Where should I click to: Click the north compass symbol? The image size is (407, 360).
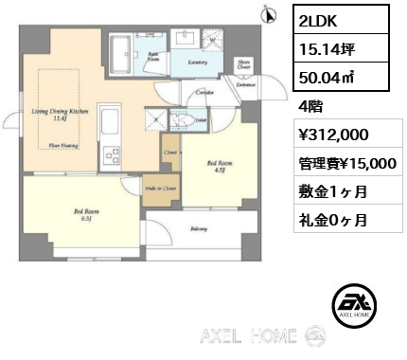click(270, 14)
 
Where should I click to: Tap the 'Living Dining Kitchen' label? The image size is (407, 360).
click(61, 115)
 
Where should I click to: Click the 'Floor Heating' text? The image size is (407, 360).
click(62, 146)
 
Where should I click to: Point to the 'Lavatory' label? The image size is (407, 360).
click(198, 62)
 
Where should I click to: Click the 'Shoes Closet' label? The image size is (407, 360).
click(243, 66)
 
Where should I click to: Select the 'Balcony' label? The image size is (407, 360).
click(197, 228)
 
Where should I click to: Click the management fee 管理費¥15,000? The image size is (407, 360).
click(345, 164)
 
